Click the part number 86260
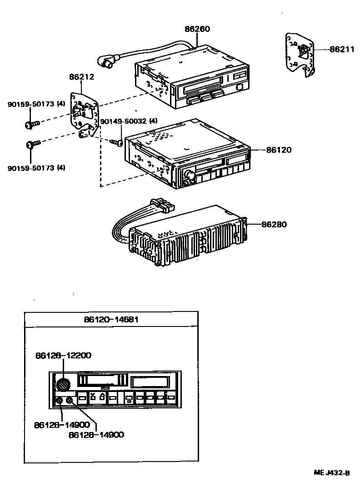197,29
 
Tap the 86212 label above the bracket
82,77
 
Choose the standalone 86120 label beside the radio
279,150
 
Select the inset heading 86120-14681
111,319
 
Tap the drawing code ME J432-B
331,472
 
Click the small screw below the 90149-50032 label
116,142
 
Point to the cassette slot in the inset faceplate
102,379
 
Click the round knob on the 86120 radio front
190,175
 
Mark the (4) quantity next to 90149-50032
153,121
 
